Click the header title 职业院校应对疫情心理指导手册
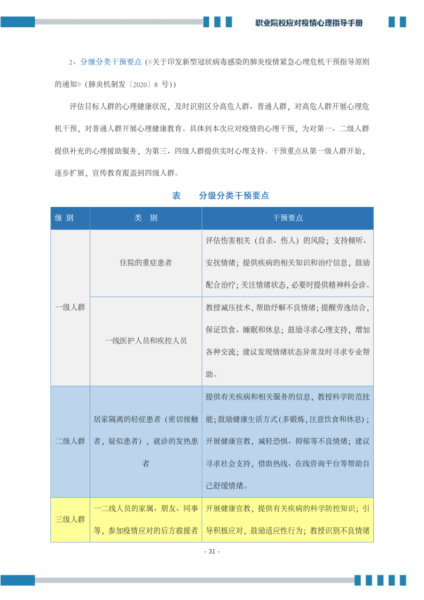coord(309,23)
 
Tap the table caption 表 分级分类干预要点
coord(221,196)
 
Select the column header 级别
coord(64,218)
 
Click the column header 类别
coord(145,218)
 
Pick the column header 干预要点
coord(288,218)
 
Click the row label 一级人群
coord(70,307)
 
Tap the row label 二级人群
coord(70,441)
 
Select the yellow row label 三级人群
coord(70,519)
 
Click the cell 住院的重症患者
coord(146,263)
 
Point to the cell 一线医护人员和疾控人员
coord(146,340)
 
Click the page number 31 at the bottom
coord(212,551)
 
